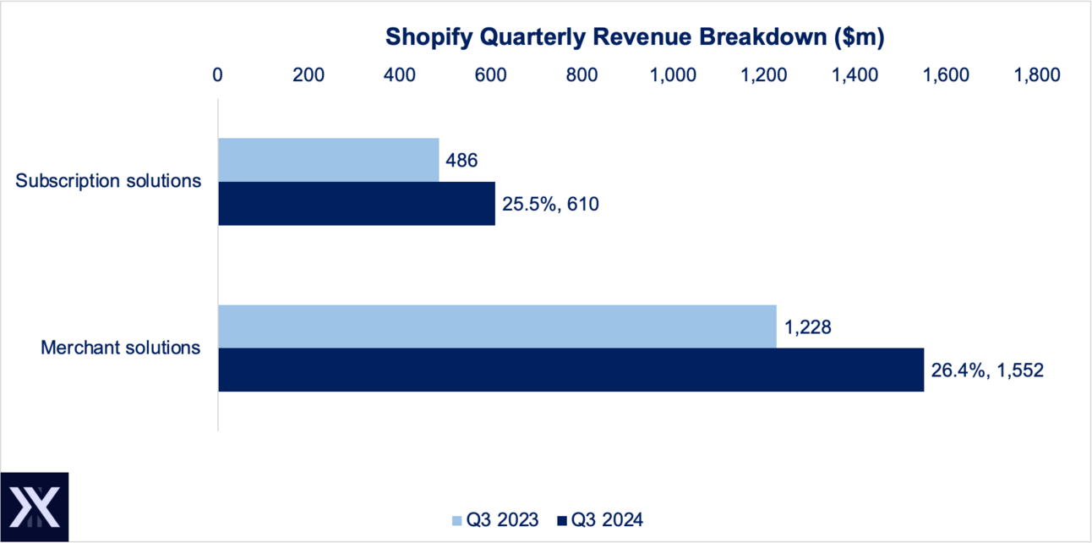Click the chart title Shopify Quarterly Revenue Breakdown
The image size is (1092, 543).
coord(634,36)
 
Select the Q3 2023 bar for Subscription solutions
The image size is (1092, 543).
coord(329,160)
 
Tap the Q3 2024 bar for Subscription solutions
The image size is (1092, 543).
coord(357,203)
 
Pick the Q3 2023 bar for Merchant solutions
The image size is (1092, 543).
coord(497,326)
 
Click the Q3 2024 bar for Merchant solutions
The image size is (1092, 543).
coord(571,370)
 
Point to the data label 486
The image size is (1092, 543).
coord(462,160)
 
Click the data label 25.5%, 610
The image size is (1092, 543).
coord(550,204)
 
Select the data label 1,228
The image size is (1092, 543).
coord(808,326)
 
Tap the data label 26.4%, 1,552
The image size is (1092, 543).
coord(988,370)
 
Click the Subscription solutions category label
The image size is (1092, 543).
coord(109,180)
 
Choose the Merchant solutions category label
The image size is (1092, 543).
coord(121,347)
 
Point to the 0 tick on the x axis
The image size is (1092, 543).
coord(218,74)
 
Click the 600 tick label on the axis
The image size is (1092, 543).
coord(491,74)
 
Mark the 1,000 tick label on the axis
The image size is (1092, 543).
coord(674,74)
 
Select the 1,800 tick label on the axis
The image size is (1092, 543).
coord(1036,74)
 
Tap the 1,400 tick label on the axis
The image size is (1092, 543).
coord(855,74)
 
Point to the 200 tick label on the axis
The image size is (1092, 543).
coord(308,74)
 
